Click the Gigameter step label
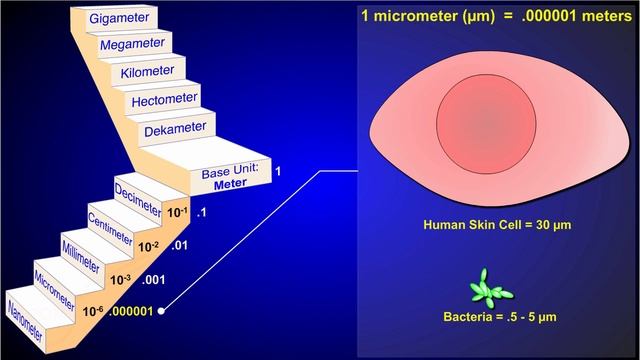pyautogui.click(x=119, y=18)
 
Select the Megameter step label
pyautogui.click(x=133, y=44)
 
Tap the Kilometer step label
pyautogui.click(x=147, y=71)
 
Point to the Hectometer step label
pyautogui.click(x=164, y=100)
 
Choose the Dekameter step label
pyautogui.click(x=176, y=129)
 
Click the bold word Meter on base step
pyautogui.click(x=231, y=184)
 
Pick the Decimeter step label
pyautogui.click(x=138, y=200)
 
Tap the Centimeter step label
pyautogui.click(x=110, y=229)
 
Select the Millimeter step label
pyautogui.click(x=81, y=257)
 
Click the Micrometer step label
pyautogui.click(x=54, y=290)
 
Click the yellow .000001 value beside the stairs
pyautogui.click(x=131, y=311)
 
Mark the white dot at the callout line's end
pyautogui.click(x=161, y=311)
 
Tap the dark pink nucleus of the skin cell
pyautogui.click(x=486, y=124)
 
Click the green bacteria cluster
pyautogui.click(x=490, y=289)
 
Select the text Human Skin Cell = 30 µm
pyautogui.click(x=497, y=225)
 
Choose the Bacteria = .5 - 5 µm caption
pyautogui.click(x=500, y=317)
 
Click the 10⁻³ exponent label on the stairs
pyautogui.click(x=120, y=280)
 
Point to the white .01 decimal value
pyautogui.click(x=179, y=245)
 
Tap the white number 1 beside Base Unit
pyautogui.click(x=278, y=171)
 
